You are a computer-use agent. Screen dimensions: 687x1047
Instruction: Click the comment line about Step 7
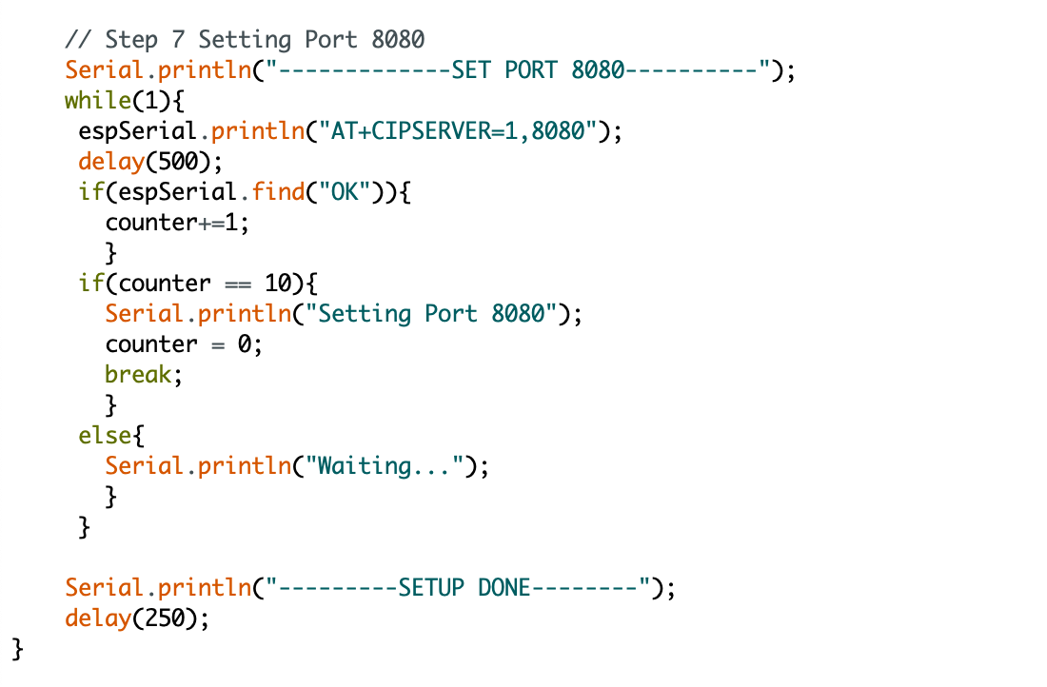point(245,40)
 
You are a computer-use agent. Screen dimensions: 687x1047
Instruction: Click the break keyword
point(139,375)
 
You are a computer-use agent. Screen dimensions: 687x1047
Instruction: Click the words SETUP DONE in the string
point(464,588)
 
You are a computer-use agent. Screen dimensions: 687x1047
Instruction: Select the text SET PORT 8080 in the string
point(538,70)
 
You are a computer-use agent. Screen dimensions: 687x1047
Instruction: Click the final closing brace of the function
point(18,649)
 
